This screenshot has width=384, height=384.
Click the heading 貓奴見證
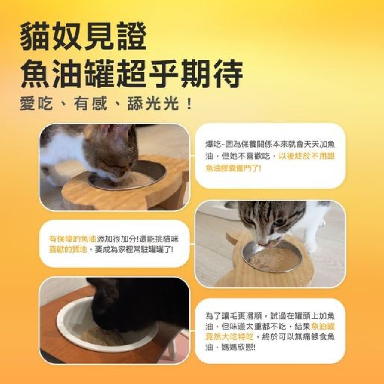click(x=83, y=37)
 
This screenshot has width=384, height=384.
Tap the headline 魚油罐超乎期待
click(x=132, y=73)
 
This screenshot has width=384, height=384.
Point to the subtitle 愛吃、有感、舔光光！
click(x=106, y=104)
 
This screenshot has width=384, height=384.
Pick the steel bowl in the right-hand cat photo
click(x=272, y=257)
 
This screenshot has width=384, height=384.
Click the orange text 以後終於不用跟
click(x=307, y=156)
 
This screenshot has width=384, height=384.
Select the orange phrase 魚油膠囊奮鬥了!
click(x=233, y=168)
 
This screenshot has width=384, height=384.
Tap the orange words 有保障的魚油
click(x=73, y=238)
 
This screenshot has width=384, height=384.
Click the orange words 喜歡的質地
click(x=68, y=249)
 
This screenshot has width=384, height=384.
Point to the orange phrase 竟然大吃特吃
click(x=229, y=337)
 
